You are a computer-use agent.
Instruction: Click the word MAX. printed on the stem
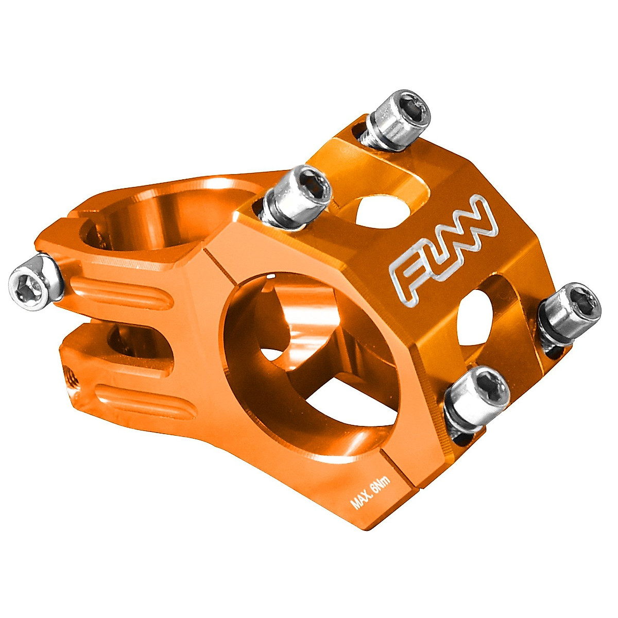[x=361, y=497]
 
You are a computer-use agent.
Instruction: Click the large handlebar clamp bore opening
[x=309, y=360]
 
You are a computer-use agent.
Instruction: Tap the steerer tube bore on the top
[x=170, y=216]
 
